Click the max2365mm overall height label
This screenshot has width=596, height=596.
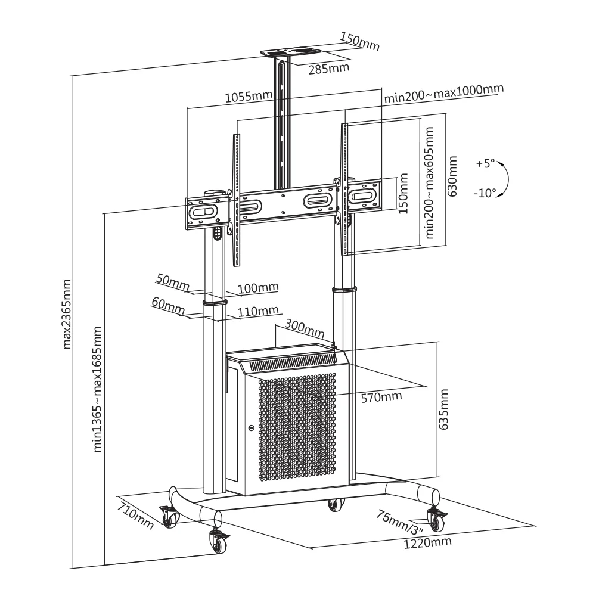tap(66, 313)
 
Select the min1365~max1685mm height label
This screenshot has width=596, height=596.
tap(97, 389)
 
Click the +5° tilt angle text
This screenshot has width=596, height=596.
tap(486, 164)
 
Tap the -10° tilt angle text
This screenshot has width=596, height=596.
tap(485, 193)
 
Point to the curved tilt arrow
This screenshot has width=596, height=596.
tap(504, 178)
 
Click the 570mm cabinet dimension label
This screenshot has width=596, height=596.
tap(381, 396)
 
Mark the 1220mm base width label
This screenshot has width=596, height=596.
tap(427, 543)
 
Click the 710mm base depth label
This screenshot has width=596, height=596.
tap(135, 516)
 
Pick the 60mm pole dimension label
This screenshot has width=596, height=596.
tap(166, 303)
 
